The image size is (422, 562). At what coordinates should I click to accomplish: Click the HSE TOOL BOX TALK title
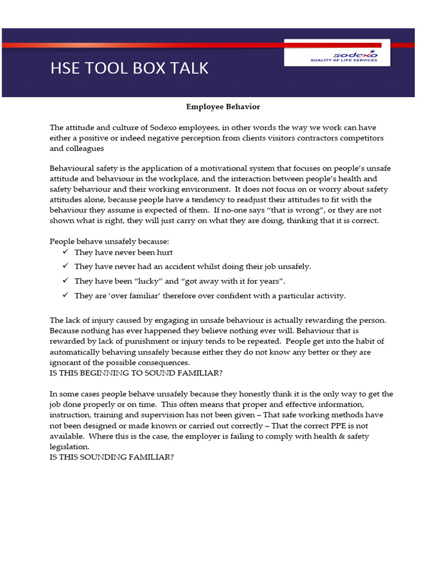pyautogui.click(x=130, y=68)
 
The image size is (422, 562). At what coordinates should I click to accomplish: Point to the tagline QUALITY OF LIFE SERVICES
pyautogui.click(x=344, y=60)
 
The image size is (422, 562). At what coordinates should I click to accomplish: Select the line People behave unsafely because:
pyautogui.click(x=109, y=241)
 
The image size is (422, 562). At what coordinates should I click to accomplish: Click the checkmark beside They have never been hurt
pyautogui.click(x=65, y=252)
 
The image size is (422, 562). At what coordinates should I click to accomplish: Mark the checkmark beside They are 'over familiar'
pyautogui.click(x=65, y=295)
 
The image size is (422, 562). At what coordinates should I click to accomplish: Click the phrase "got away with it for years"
pyautogui.click(x=231, y=281)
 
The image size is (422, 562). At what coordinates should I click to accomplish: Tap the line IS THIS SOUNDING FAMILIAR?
pyautogui.click(x=112, y=457)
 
